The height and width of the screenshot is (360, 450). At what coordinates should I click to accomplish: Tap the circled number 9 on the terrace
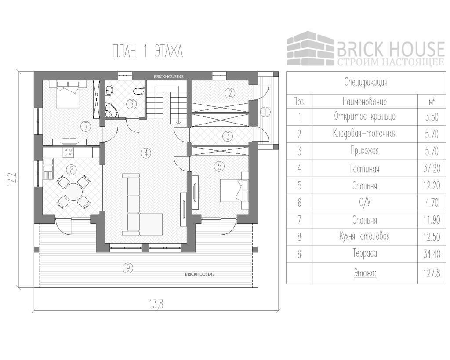(x=127, y=268)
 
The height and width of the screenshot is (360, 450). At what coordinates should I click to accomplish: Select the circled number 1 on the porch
(x=265, y=112)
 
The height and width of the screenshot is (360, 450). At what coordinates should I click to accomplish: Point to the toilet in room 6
(x=139, y=91)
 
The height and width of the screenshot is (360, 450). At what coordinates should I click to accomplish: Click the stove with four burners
(x=68, y=152)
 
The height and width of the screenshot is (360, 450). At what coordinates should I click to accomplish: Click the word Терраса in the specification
(x=364, y=254)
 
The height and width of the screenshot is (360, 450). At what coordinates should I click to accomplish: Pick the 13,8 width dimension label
(x=155, y=303)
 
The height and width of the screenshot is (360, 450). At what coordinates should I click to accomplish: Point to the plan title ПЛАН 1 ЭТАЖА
(x=147, y=51)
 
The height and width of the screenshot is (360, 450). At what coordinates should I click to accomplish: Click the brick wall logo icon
(x=310, y=48)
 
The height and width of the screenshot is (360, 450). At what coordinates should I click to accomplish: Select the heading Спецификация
(x=366, y=82)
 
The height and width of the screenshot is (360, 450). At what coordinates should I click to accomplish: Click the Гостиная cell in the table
(x=364, y=168)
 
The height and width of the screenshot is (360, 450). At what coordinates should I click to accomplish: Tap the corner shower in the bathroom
(x=110, y=111)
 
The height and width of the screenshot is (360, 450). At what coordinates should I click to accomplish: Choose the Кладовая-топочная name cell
(x=364, y=134)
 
